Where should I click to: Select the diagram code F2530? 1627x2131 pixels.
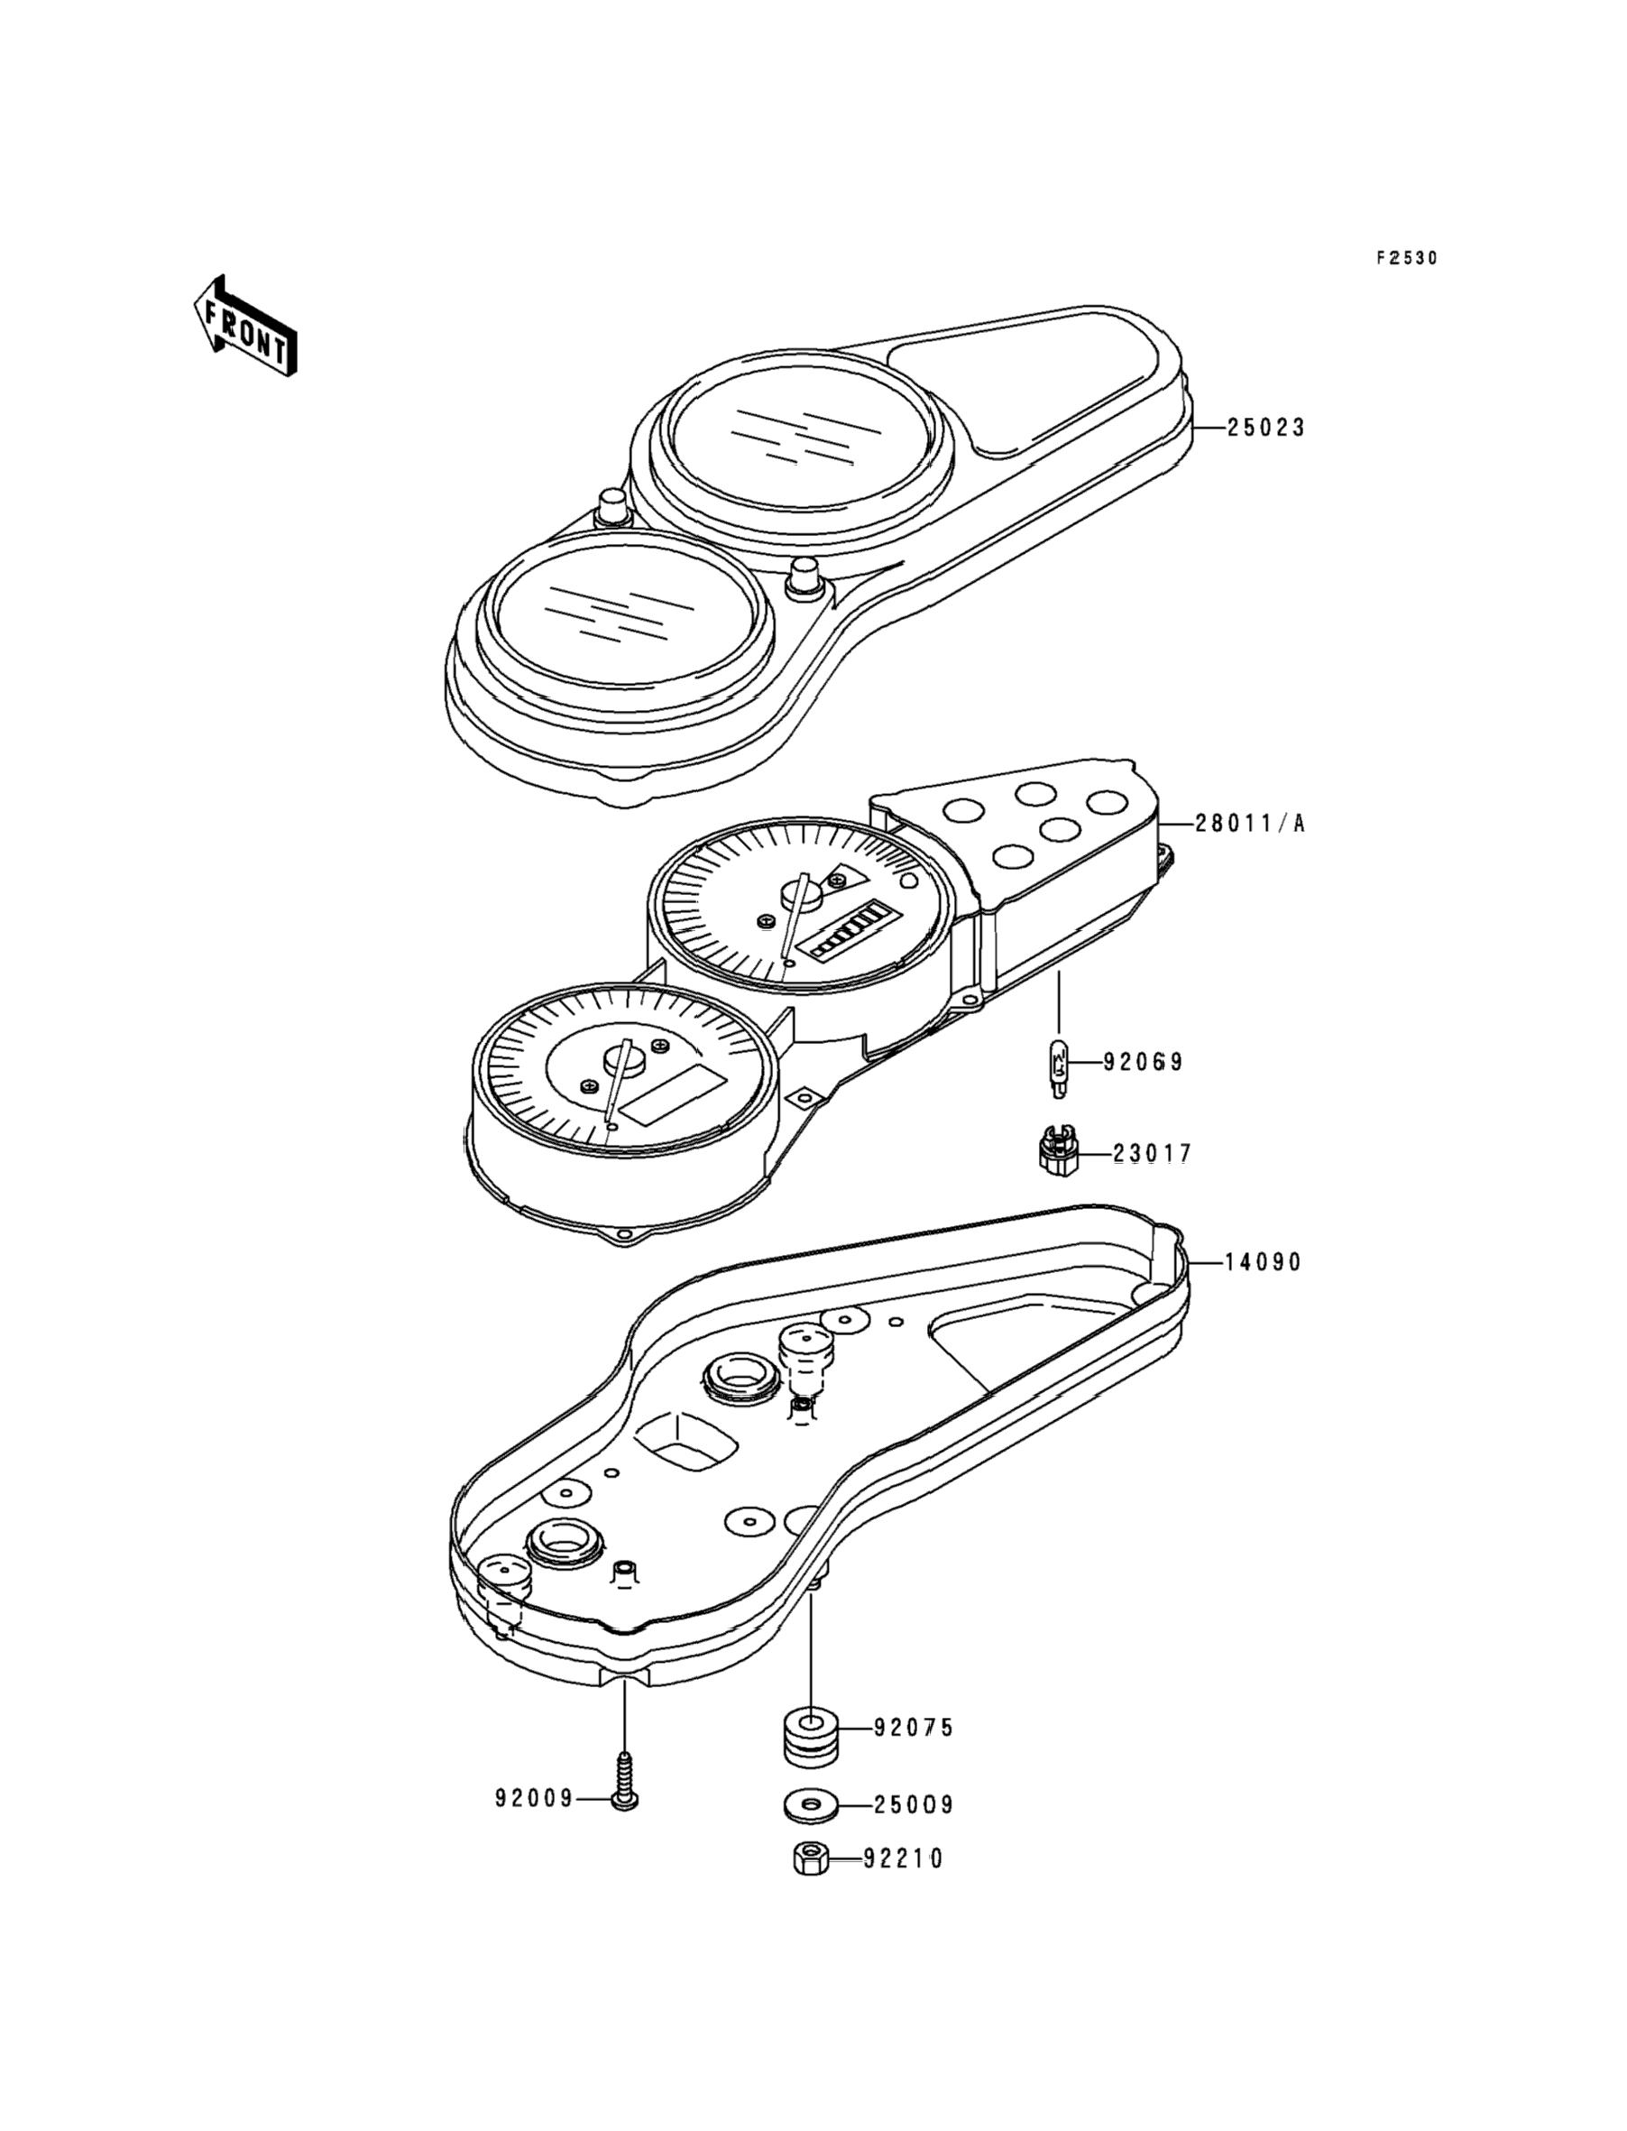pos(1407,259)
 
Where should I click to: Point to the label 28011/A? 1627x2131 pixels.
pos(1250,825)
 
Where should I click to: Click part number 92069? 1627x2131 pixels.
pos(1144,1063)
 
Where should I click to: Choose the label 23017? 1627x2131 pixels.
pos(1153,1154)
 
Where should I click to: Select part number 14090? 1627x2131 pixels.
pos(1263,1262)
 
